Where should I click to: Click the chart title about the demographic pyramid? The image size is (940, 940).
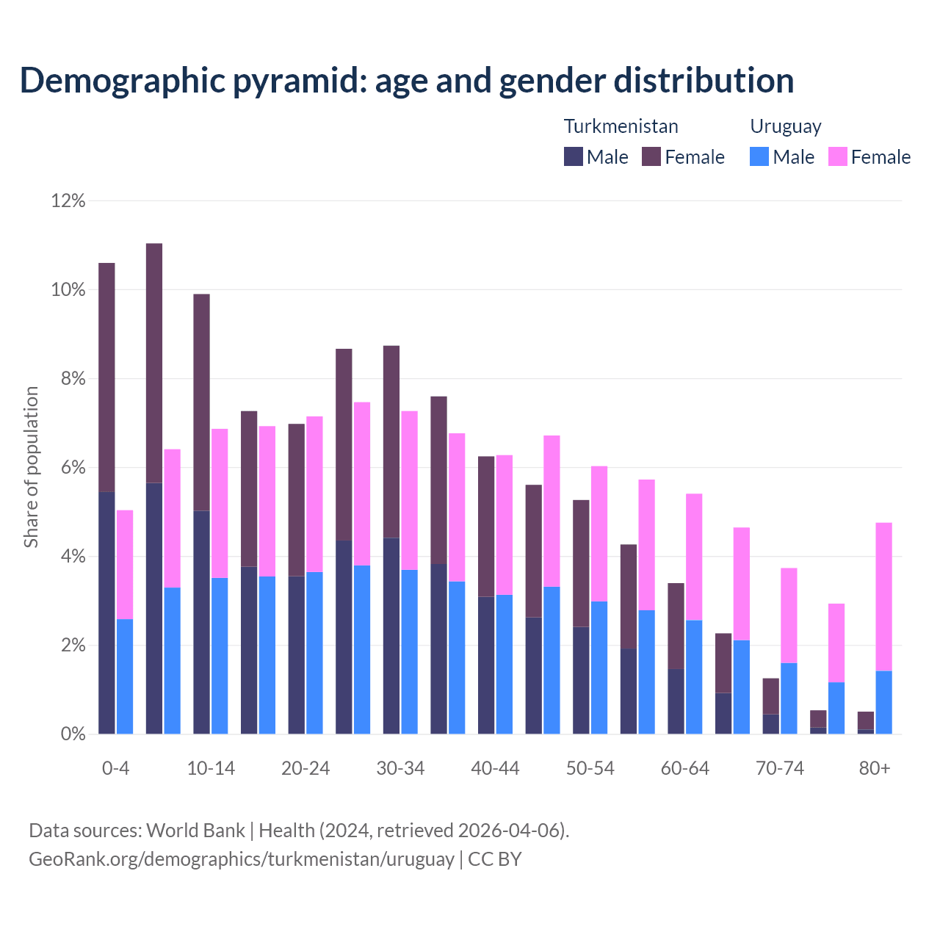(x=406, y=81)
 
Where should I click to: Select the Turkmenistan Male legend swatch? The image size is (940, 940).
(x=574, y=156)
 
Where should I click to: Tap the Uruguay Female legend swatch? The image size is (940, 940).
(x=838, y=156)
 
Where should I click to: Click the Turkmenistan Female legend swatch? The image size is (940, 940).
(x=651, y=156)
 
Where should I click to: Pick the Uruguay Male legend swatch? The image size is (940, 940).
(x=759, y=156)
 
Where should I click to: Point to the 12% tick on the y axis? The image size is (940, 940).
(x=68, y=200)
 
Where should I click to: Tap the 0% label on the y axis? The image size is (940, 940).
(x=71, y=734)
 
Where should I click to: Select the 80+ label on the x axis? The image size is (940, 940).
(x=875, y=769)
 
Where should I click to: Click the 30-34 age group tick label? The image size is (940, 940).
(x=400, y=769)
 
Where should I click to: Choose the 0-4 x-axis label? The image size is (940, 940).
(x=115, y=769)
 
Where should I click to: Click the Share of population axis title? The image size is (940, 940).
(x=32, y=467)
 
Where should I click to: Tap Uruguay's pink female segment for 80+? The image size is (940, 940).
(x=884, y=596)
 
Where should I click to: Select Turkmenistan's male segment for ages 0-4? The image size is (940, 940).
(x=106, y=612)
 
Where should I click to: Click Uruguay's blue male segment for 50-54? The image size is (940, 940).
(x=599, y=668)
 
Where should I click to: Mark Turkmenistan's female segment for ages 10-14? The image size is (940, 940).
(x=201, y=402)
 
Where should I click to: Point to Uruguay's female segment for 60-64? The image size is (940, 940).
(x=694, y=557)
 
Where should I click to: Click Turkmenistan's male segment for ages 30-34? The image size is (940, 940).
(x=391, y=635)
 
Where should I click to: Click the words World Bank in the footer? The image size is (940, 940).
(x=195, y=831)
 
